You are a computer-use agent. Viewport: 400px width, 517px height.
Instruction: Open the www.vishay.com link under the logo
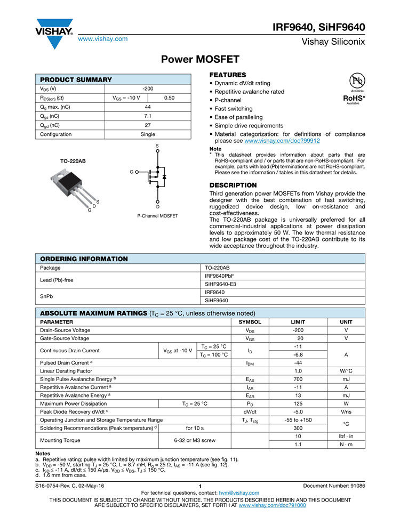(103, 39)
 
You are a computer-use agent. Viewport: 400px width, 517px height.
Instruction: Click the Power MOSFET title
(200, 59)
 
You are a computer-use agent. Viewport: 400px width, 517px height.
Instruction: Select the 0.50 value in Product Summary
(169, 98)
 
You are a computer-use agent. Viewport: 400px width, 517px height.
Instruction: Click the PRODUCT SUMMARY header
(76, 79)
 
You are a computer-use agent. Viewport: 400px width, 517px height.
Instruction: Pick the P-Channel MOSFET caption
(157, 216)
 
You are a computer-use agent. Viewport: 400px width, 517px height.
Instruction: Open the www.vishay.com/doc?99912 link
(282, 141)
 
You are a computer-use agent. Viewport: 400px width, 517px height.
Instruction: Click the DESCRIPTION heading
(233, 185)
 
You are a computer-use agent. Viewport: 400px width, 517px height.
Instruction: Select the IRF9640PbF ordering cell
(220, 276)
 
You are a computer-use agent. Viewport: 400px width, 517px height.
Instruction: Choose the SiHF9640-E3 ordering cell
(220, 284)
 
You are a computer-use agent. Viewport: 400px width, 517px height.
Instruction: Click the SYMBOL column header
(250, 322)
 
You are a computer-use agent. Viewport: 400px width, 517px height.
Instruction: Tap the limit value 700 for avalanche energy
(298, 379)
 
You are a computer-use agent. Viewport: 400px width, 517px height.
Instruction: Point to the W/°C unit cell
(346, 371)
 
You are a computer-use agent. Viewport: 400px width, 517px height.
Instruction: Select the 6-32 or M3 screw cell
(195, 440)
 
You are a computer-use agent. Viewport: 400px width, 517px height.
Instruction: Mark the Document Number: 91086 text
(334, 486)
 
